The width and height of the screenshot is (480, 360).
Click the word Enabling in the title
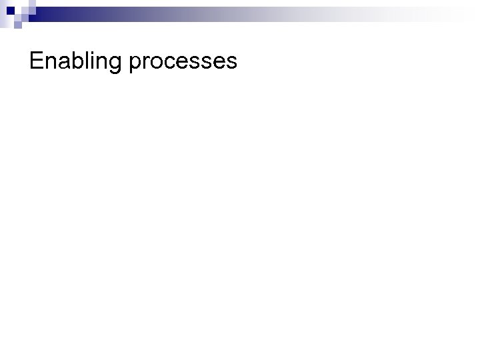pos(77,62)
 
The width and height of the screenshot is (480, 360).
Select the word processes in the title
pos(183,63)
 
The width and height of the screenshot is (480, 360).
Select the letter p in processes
pos(135,64)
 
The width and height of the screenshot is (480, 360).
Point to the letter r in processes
pos(145,63)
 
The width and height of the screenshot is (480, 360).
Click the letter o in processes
pos(156,63)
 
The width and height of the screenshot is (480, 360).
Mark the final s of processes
pos(231,63)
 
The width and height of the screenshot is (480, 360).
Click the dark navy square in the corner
pos(9,9)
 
